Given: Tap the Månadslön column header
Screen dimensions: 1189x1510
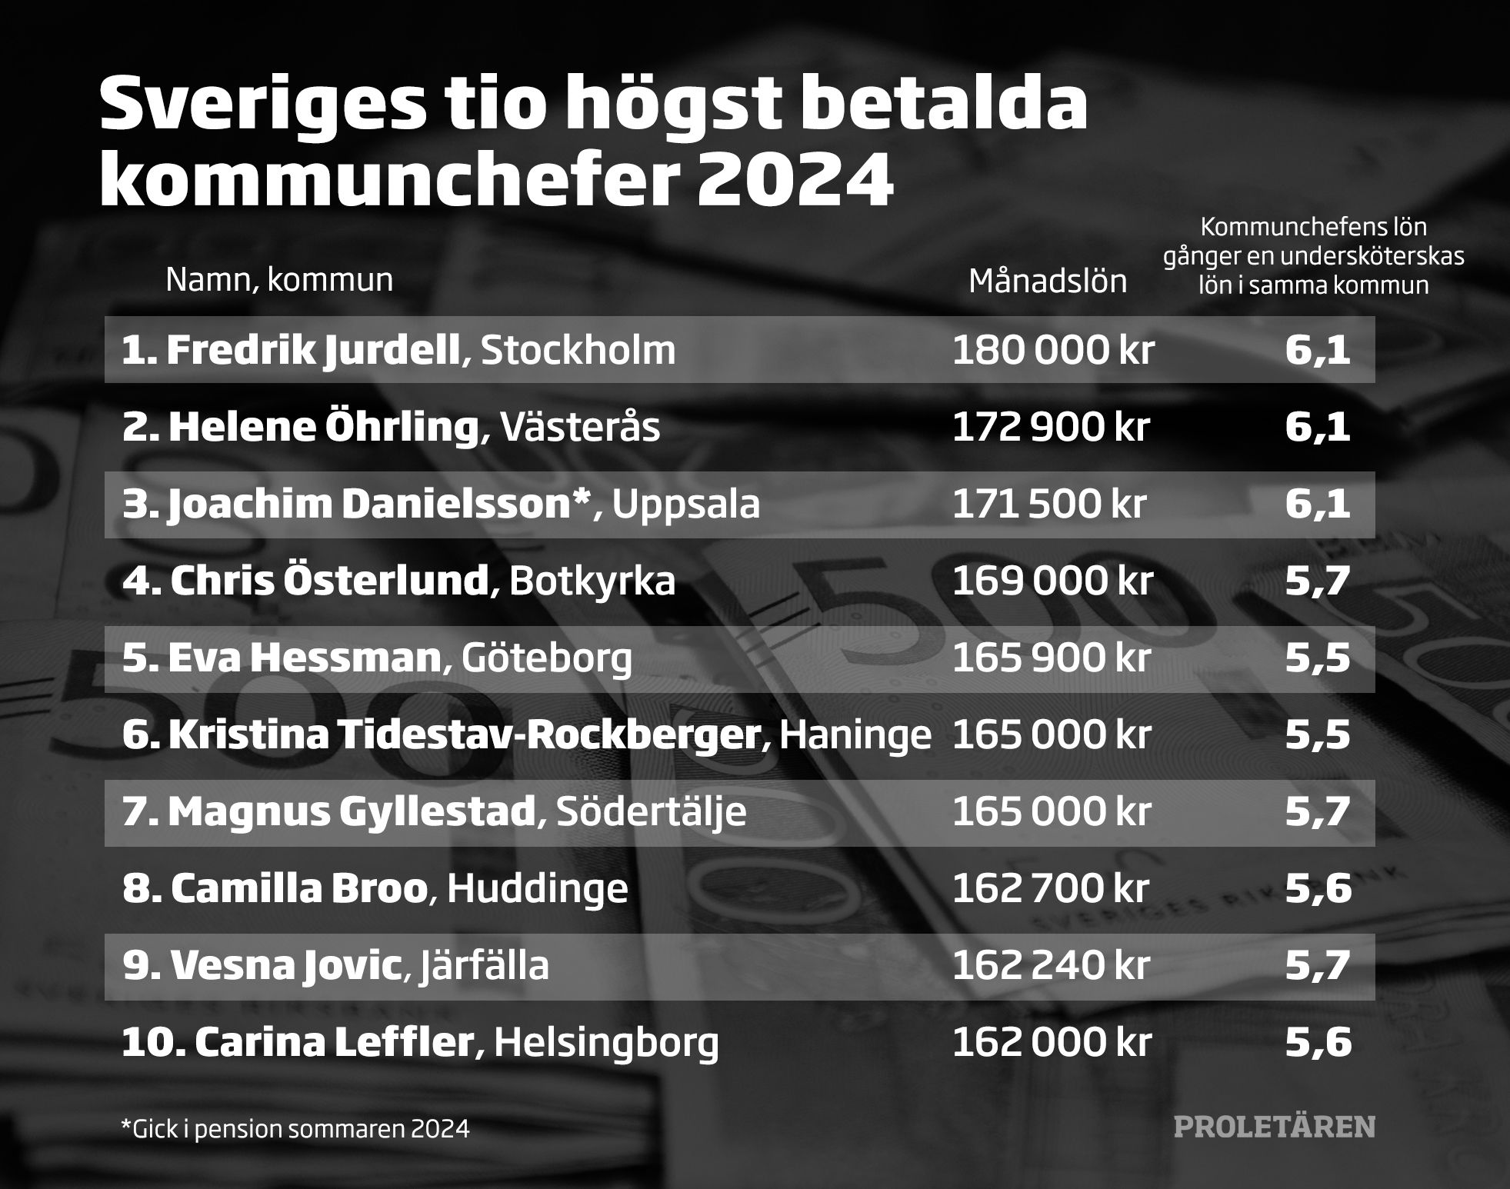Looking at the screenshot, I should point(1047,281).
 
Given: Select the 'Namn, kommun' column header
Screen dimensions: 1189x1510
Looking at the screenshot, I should point(279,280).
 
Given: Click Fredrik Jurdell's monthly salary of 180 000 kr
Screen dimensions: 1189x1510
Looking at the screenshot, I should point(1053,351).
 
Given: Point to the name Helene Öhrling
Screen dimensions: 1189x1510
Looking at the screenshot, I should point(323,428).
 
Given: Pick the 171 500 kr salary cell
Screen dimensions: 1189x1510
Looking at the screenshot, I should point(1049,505).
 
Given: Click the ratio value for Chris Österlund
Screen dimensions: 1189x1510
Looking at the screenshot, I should point(1317,581).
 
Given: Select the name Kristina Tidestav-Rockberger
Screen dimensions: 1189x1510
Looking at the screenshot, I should point(464,735).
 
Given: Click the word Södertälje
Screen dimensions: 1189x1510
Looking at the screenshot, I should point(651,812).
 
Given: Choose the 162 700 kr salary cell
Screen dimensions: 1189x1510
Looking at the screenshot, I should point(1050,889).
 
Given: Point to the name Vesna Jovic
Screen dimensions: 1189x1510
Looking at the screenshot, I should point(282,966).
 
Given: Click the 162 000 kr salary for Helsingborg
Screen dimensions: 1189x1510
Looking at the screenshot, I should point(1052,1043).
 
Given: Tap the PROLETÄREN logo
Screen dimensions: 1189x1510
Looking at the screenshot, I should point(1274,1127).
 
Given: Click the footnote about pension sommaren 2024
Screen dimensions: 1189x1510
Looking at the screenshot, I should point(295,1128).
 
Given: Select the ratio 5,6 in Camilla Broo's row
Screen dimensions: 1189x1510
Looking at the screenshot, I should point(1318,889).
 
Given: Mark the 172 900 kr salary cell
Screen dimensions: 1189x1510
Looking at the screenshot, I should point(1050,428).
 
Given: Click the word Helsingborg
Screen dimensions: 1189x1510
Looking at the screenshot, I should point(606,1043).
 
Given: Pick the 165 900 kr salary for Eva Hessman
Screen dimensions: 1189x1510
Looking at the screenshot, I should point(1052,658).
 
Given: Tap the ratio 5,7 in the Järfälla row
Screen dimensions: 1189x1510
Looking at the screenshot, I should point(1318,966).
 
